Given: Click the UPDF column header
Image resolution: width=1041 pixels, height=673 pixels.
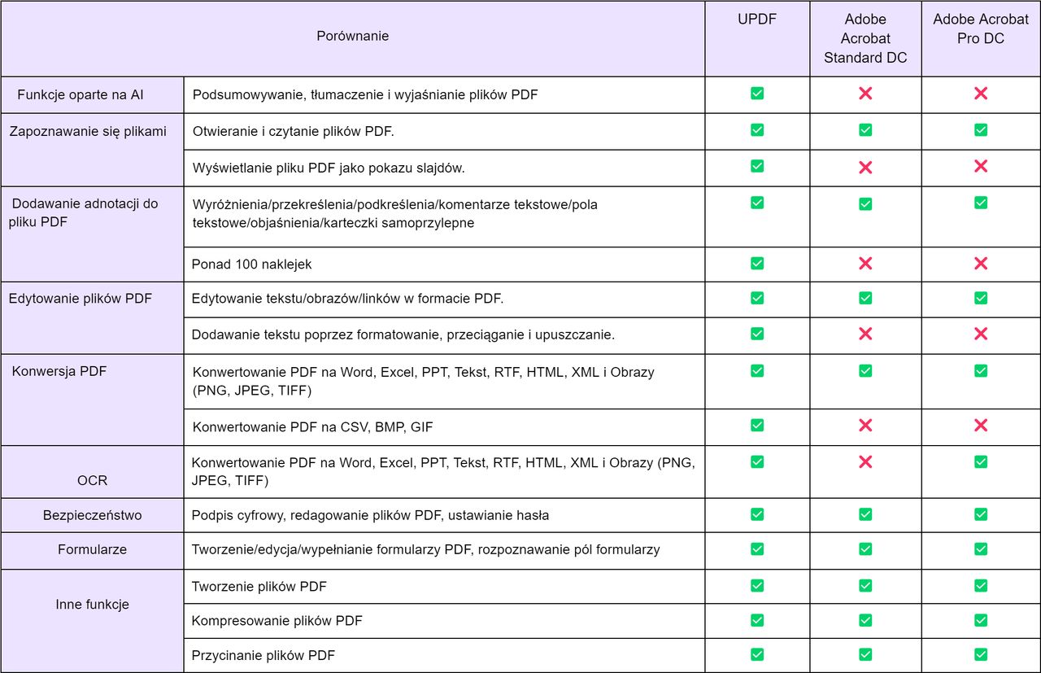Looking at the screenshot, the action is pyautogui.click(x=757, y=19).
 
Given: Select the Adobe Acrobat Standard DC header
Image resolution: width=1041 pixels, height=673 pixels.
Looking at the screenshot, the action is pyautogui.click(x=865, y=38).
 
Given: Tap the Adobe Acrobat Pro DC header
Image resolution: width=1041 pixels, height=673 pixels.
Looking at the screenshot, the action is pyautogui.click(x=981, y=28).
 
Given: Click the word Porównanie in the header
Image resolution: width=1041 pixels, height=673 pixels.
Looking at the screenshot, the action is pyautogui.click(x=353, y=36).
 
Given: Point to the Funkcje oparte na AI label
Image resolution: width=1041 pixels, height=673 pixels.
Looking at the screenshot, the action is pyautogui.click(x=81, y=95).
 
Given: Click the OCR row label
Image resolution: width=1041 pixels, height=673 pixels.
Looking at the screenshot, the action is pyautogui.click(x=92, y=480).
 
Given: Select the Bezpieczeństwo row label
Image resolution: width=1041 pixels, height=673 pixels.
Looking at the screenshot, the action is pyautogui.click(x=92, y=515).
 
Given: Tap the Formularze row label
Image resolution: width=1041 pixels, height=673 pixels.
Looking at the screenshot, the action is pyautogui.click(x=92, y=549).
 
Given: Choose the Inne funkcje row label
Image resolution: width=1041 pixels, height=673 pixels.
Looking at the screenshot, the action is pyautogui.click(x=92, y=604).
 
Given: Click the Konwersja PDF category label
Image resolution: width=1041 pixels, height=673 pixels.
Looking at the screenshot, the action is pyautogui.click(x=59, y=371).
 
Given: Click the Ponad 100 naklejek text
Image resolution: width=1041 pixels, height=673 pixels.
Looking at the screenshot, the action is pyautogui.click(x=251, y=264).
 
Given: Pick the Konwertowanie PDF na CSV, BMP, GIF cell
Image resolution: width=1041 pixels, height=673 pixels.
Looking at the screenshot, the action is pyautogui.click(x=313, y=427).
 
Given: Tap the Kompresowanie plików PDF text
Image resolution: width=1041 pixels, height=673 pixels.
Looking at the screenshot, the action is pyautogui.click(x=277, y=621).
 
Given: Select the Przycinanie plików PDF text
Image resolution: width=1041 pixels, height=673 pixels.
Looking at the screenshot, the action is pyautogui.click(x=263, y=655).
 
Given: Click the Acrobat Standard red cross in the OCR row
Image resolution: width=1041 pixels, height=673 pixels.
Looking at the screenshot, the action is pyautogui.click(x=865, y=462).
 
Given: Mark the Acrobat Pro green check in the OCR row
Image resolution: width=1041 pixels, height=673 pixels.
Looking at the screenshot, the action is pyautogui.click(x=981, y=462).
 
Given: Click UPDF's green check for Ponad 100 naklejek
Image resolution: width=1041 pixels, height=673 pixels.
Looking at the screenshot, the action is pyautogui.click(x=757, y=263).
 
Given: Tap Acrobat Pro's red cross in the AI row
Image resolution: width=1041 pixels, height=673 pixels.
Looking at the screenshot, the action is pyautogui.click(x=981, y=94).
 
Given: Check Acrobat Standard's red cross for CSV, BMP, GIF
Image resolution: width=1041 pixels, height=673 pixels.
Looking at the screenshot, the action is pyautogui.click(x=865, y=425).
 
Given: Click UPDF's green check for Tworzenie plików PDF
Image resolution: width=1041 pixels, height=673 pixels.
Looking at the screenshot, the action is pyautogui.click(x=757, y=586).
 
